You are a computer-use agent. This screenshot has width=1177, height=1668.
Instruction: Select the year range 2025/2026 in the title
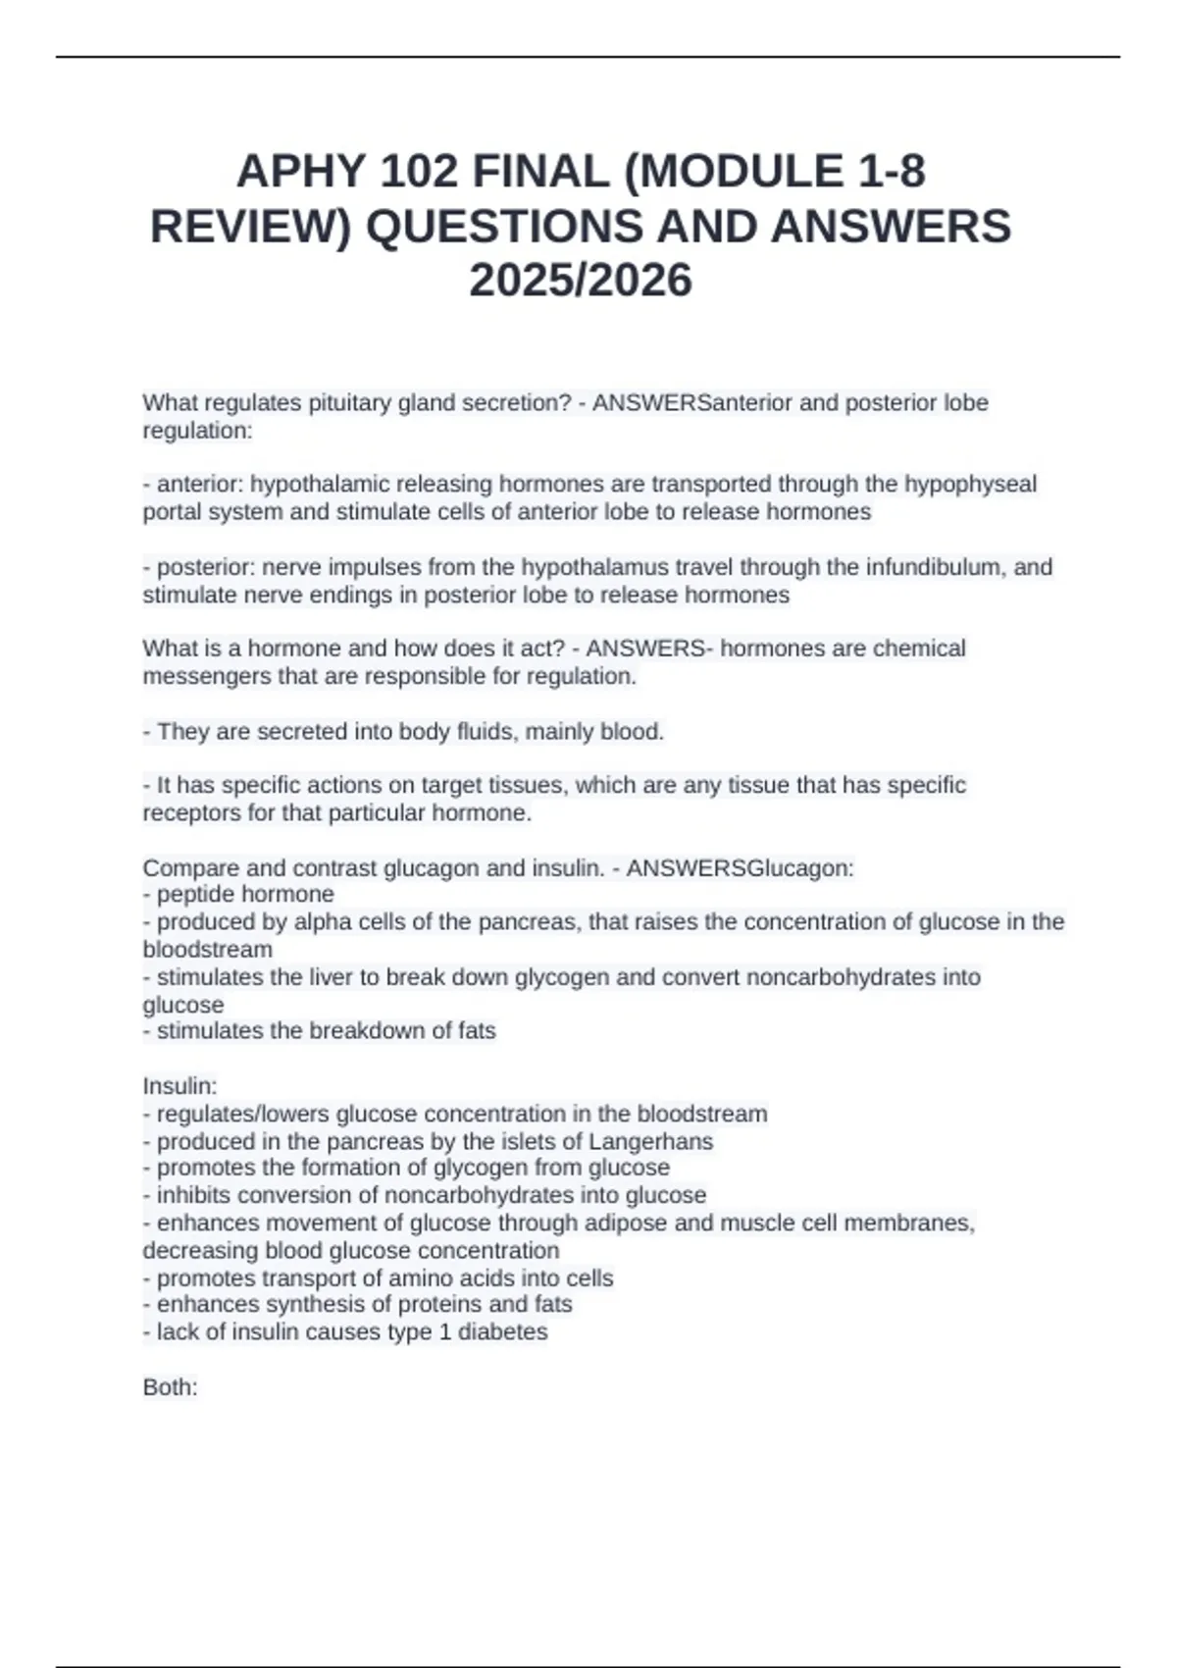pyautogui.click(x=581, y=281)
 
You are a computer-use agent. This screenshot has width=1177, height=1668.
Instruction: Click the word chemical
pyautogui.click(x=919, y=649)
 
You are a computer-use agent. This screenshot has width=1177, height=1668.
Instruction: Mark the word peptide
pyautogui.click(x=195, y=895)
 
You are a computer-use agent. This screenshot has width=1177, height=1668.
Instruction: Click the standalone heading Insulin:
pyautogui.click(x=179, y=1087)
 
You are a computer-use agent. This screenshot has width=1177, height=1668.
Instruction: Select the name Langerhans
pyautogui.click(x=650, y=1142)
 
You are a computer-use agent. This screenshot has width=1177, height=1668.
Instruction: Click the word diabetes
pyautogui.click(x=502, y=1332)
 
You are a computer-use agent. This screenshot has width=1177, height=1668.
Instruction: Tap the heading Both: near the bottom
pyautogui.click(x=171, y=1387)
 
